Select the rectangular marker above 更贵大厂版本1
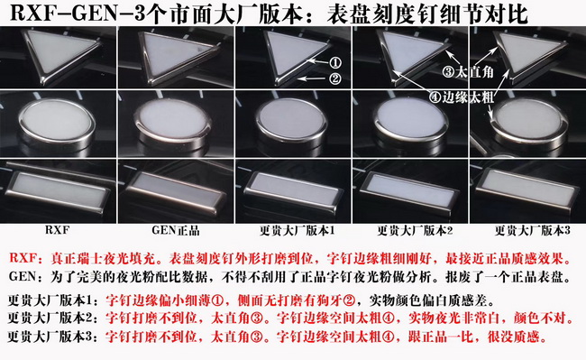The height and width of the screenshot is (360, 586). click(x=293, y=189)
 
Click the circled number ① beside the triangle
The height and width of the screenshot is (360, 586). click(x=336, y=63)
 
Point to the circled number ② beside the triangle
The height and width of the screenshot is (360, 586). click(x=334, y=78)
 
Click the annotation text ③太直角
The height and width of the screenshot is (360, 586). click(x=468, y=72)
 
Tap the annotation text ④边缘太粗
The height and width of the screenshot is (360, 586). click(x=462, y=97)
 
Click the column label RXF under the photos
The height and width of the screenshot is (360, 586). click(x=57, y=230)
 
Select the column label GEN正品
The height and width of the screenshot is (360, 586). click(x=176, y=230)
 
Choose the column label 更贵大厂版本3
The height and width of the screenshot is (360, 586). click(x=533, y=230)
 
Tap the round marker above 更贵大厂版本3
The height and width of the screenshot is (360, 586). click(x=528, y=123)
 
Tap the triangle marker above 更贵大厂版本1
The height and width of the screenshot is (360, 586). click(x=295, y=56)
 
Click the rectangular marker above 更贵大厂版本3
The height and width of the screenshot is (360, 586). click(x=526, y=189)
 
